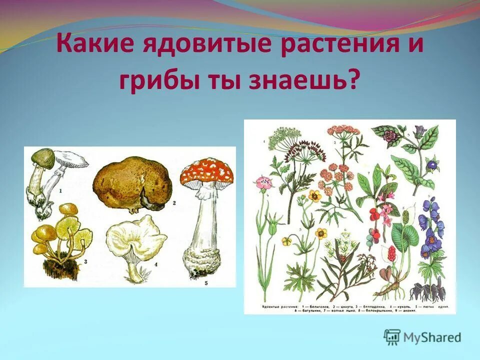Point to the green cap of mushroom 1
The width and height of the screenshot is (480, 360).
[x=43, y=159]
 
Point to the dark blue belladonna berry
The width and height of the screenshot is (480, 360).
[x=431, y=164]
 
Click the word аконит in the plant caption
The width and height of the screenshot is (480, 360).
[x=406, y=310]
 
